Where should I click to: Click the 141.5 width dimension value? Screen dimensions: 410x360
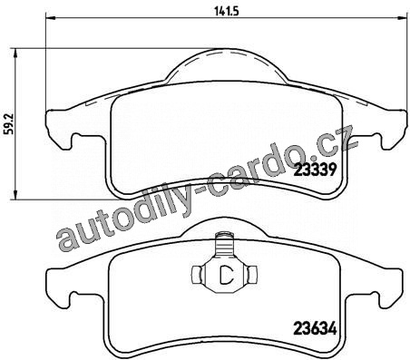point(227,11)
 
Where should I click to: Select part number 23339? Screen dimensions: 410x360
point(315,170)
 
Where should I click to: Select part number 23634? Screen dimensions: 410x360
point(315,328)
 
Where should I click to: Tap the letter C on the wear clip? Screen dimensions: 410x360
point(225,275)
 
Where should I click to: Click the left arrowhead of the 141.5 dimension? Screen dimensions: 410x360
point(50,18)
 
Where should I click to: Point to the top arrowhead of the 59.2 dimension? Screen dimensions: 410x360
point(15,54)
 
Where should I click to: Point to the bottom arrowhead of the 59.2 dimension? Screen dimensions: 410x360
point(15,194)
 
